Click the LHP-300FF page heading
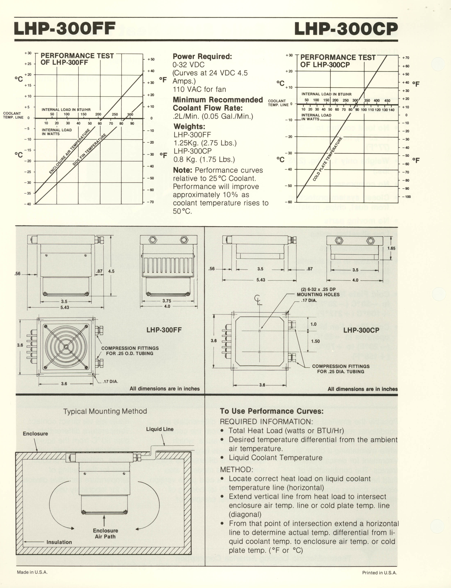click(x=65, y=28)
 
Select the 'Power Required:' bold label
click(x=202, y=57)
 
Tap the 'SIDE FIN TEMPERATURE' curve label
click(x=89, y=149)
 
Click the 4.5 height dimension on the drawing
click(x=111, y=271)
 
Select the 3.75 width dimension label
click(x=167, y=301)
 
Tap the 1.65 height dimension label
click(x=391, y=248)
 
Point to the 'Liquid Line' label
click(x=160, y=429)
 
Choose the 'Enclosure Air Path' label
click(x=105, y=533)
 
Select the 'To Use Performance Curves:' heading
click(x=272, y=411)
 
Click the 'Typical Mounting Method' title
click(x=105, y=411)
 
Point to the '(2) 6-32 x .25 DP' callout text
click(x=318, y=290)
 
